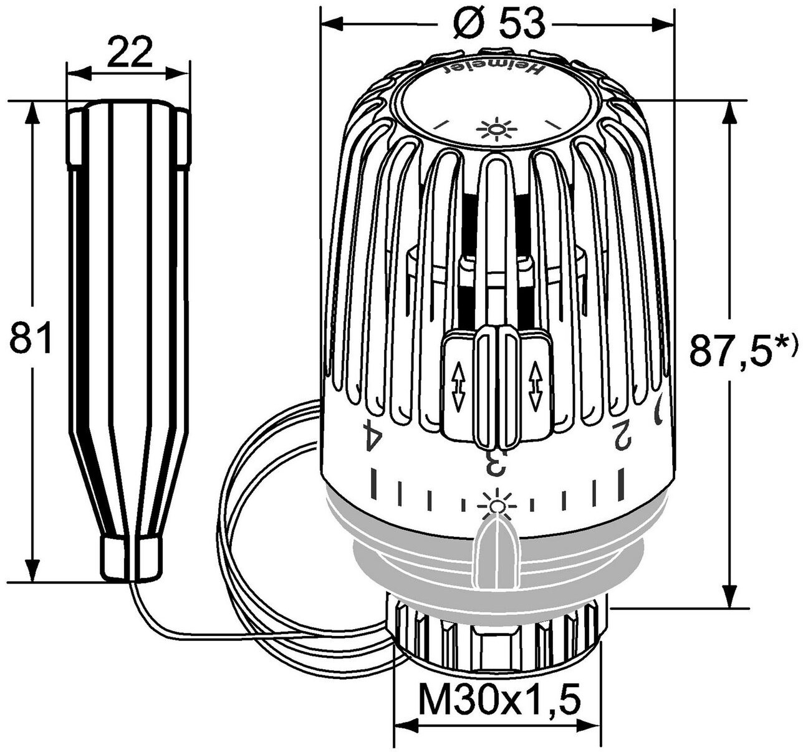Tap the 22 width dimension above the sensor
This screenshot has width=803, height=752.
(x=130, y=51)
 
